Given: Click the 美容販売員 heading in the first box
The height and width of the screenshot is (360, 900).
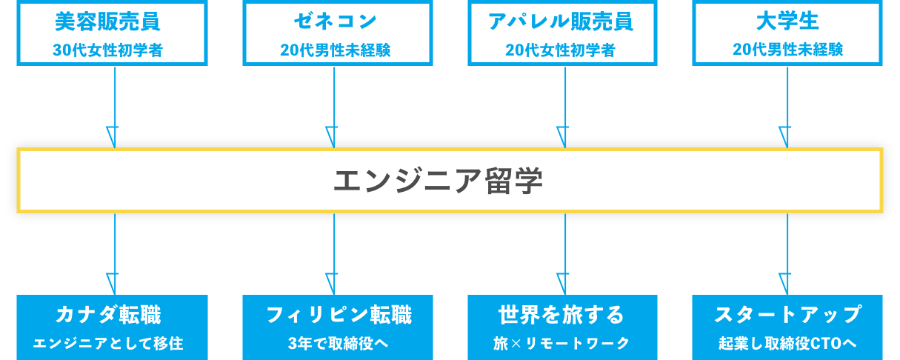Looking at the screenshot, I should tap(107, 21).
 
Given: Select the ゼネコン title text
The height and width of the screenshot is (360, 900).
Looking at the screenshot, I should tap(335, 21).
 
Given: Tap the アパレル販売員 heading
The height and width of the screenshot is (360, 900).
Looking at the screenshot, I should tap(560, 21).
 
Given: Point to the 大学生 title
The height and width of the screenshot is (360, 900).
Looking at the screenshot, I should tap(787, 21).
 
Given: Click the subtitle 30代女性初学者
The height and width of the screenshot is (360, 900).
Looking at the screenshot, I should tap(108, 50).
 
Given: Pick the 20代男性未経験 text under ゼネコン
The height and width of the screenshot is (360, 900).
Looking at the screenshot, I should tap(335, 50).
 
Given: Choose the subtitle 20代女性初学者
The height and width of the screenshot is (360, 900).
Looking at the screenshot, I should tap(560, 50).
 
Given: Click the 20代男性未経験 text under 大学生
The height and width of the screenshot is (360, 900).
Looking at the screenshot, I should tap(787, 50).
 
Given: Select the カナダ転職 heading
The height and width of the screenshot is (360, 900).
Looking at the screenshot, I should tap(108, 315).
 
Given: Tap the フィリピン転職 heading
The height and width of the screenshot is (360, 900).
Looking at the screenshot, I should tap(339, 315).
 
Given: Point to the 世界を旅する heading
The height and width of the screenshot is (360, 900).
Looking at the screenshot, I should tap(561, 315).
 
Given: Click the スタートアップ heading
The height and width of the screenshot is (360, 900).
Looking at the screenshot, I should tap(787, 315).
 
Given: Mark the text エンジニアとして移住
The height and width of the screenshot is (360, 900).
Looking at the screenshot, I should tap(108, 344).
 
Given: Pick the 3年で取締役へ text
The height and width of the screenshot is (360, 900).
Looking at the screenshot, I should tap(338, 344).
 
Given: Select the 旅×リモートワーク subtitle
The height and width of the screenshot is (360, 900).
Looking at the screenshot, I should tap(561, 344).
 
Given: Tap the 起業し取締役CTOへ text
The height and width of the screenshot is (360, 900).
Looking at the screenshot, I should tap(787, 344).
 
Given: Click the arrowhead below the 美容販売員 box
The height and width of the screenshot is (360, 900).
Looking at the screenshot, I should tap(113, 137).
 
